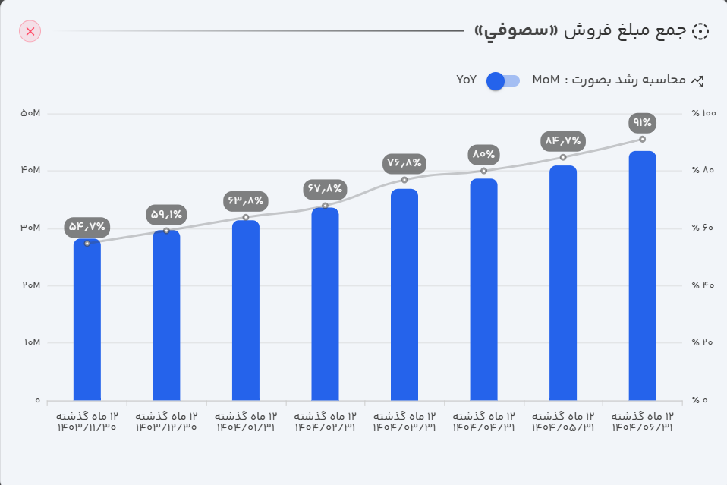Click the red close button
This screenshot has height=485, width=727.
(x=30, y=31)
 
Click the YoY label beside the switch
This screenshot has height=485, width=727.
(x=466, y=80)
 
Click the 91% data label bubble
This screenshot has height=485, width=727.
(x=642, y=123)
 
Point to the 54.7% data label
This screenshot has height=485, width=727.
(x=87, y=226)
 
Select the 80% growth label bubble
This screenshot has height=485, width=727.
(x=483, y=154)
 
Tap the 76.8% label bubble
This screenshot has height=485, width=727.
(x=404, y=162)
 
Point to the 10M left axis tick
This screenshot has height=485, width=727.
(x=30, y=342)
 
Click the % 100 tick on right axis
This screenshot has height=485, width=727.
(x=703, y=113)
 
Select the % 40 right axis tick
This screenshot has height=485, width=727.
(x=703, y=285)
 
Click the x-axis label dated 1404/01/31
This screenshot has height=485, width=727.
(x=246, y=422)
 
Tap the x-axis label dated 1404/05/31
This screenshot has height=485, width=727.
(x=563, y=422)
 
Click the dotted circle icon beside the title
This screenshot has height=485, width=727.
(x=700, y=31)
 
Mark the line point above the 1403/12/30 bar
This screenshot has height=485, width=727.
(x=166, y=231)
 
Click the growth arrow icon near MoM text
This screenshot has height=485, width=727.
(x=698, y=80)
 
